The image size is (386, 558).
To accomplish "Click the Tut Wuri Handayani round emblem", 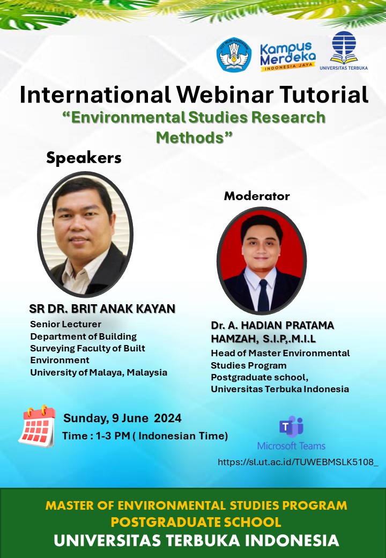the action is [x=234, y=54].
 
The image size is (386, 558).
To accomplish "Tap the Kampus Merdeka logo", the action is [x=287, y=56].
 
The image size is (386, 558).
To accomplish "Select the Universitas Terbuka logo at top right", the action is [x=344, y=50].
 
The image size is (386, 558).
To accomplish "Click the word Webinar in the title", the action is [x=225, y=94].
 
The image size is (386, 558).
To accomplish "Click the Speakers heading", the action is [x=84, y=158].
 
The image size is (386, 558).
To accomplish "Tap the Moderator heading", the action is [x=257, y=196].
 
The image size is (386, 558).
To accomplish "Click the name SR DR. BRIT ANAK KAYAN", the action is [x=102, y=309].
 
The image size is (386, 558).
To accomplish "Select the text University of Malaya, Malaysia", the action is [x=99, y=372].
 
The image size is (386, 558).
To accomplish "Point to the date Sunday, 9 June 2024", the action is [x=122, y=418].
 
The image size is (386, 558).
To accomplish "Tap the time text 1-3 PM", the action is [x=113, y=436].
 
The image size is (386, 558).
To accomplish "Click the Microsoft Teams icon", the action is [x=291, y=427].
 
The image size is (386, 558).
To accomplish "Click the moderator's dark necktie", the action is [x=263, y=295].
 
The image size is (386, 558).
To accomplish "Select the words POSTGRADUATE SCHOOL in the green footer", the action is [x=196, y=522].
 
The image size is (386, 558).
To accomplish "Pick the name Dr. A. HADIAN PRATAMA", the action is [x=272, y=325].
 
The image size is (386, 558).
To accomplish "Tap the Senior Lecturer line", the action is [x=66, y=324].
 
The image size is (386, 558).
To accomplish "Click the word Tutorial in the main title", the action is [x=323, y=94].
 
